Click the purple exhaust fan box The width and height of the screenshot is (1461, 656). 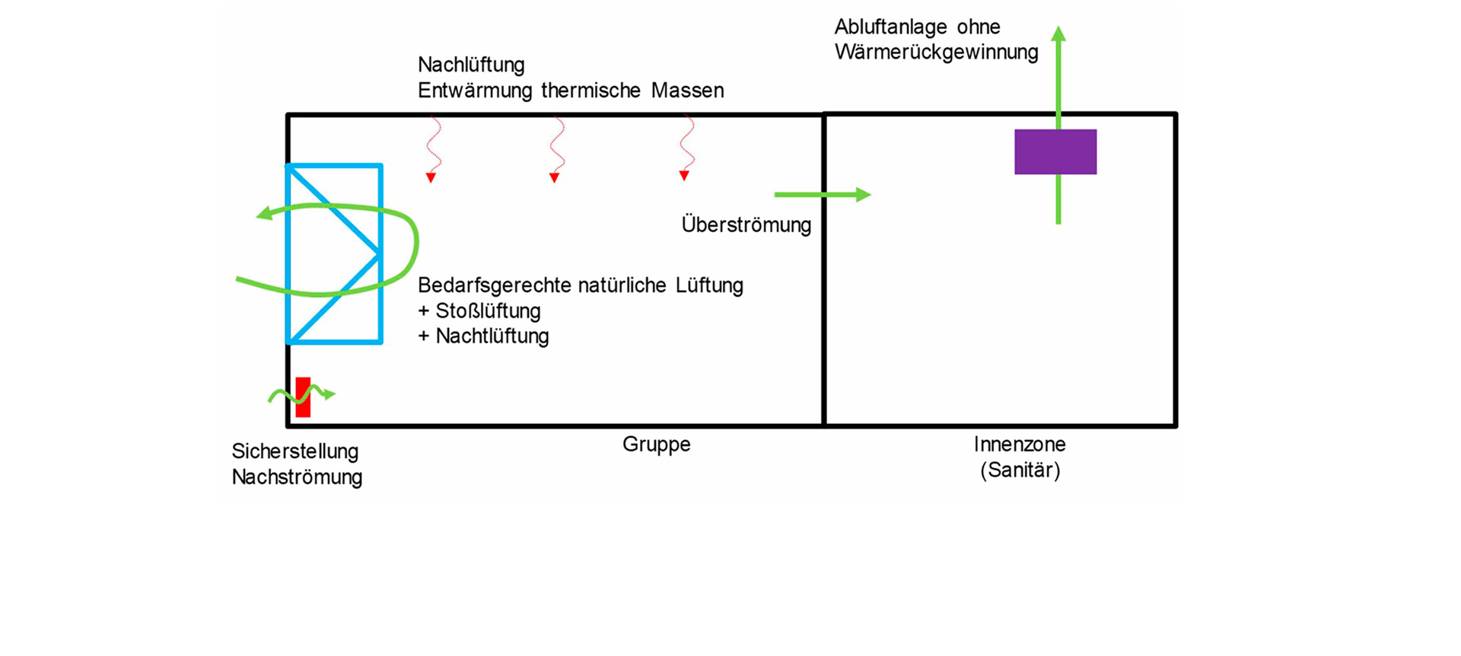pos(1055,152)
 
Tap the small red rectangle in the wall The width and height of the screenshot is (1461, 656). pos(303,397)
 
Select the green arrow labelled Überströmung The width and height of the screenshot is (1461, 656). pos(822,195)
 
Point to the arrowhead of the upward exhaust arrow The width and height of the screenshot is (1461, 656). pos(1058,33)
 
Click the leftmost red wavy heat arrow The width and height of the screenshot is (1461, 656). pos(432,149)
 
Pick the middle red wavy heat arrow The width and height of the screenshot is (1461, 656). pos(556,149)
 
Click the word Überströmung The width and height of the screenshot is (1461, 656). pos(746,225)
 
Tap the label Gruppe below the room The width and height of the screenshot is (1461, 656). pos(656,444)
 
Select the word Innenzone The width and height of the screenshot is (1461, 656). pos(1020,444)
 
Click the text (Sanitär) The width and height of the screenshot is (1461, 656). pos(1020,470)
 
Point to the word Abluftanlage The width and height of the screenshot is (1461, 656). pos(890,27)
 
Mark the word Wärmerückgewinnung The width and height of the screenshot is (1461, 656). pos(936,53)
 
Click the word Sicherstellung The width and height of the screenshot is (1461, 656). pos(295,451)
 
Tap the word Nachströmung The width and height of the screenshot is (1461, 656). pos(297,477)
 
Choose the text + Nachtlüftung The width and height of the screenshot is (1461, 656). pos(483,336)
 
